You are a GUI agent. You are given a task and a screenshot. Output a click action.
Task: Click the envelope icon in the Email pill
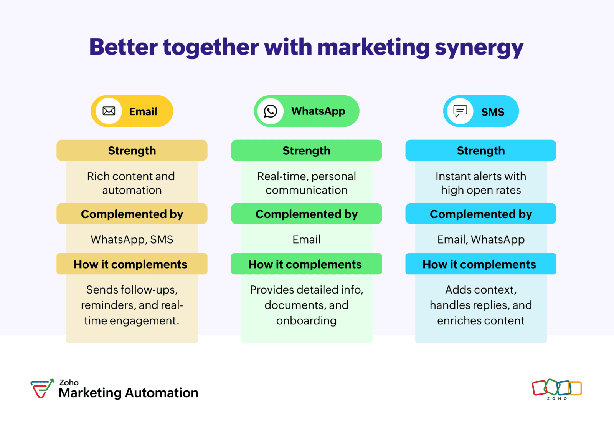coord(109,111)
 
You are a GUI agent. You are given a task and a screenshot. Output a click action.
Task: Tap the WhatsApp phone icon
coord(270,111)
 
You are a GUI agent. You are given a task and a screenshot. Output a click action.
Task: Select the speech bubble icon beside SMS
coord(460,111)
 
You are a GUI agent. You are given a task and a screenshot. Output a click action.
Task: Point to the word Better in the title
coord(123,47)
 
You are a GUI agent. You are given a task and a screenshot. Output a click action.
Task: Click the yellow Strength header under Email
coord(132,150)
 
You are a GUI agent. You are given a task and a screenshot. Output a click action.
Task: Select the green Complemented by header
coord(307,214)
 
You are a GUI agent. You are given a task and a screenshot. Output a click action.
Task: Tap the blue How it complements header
coord(481,264)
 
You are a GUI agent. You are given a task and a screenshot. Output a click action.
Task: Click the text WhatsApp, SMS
coord(132,239)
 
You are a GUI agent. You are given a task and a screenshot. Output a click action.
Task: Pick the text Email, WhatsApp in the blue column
coord(481,239)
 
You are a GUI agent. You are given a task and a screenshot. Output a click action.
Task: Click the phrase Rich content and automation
coord(131,183)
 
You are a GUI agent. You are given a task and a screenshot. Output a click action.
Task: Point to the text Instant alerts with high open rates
coord(481,183)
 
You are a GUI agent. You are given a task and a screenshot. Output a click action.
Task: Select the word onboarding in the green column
coord(307,320)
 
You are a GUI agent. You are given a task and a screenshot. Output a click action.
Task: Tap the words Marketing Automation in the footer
coord(129,393)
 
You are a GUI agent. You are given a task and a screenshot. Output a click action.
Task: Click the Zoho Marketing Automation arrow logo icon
coord(42,388)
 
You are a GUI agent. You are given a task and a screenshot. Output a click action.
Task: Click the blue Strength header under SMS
coord(481,150)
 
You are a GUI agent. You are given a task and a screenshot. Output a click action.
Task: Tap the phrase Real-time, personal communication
coord(307,183)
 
